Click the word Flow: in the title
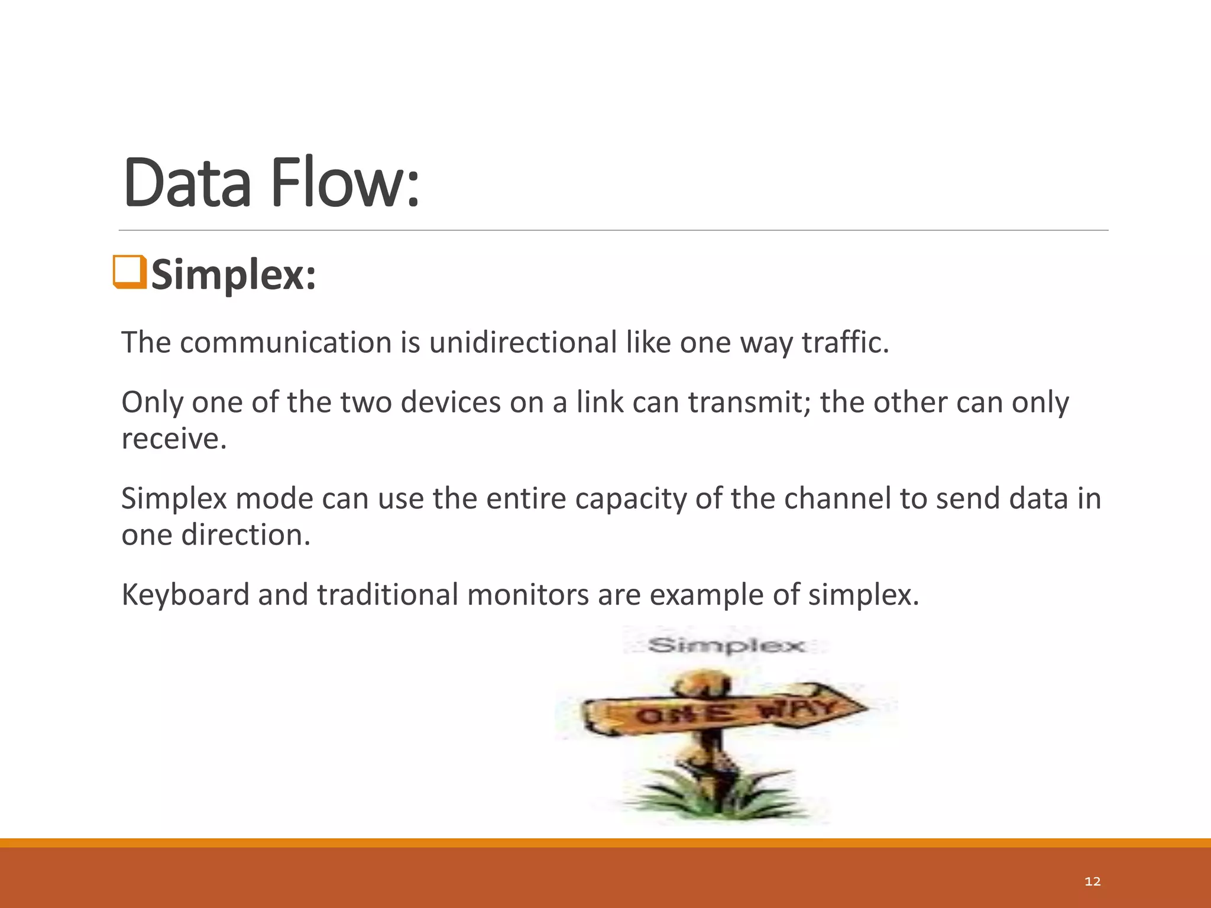pos(345,183)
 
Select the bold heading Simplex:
pos(234,275)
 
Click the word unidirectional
pos(523,343)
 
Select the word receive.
pos(174,439)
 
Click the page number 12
pos(1093,881)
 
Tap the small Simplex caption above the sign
pos(726,645)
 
